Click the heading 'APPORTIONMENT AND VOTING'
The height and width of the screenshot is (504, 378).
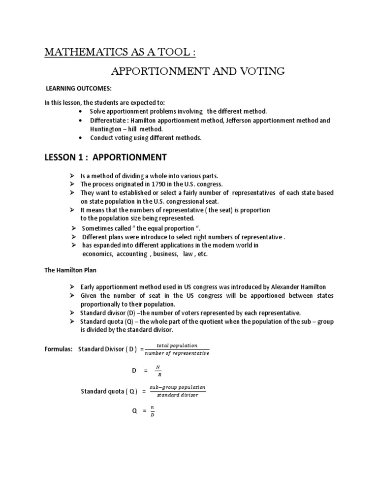198,71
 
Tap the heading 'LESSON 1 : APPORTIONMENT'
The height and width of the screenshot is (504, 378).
106,157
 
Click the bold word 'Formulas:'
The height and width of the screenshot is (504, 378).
59,349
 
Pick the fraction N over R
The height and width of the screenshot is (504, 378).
158,370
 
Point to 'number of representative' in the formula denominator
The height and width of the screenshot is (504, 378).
177,353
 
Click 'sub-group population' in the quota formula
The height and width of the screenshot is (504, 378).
178,387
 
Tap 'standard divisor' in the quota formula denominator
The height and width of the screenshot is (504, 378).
178,395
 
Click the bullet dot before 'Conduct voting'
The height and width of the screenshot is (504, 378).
80,138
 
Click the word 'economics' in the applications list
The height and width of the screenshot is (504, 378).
97,254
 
